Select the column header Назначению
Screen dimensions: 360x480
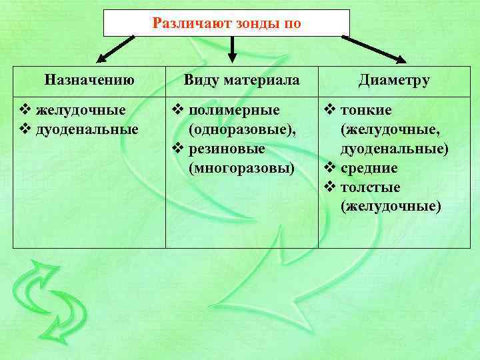[90, 81]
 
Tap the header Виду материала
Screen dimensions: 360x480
[241, 81]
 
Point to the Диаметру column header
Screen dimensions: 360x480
[394, 81]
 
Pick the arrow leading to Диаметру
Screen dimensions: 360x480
[377, 49]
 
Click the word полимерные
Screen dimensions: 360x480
[234, 109]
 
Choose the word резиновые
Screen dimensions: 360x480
[227, 148]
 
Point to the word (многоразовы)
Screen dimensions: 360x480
[241, 167]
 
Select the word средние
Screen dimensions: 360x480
[369, 168]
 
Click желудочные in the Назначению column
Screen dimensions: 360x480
[81, 109]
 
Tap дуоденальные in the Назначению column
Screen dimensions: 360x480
[87, 129]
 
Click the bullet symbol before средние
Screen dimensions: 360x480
[329, 168]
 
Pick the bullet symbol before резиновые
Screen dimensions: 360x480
[177, 148]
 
